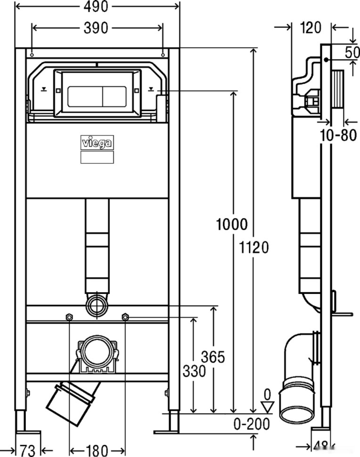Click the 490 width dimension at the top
click(96, 7)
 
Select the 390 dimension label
click(96, 28)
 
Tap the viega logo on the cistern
click(97, 143)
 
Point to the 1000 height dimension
click(232, 224)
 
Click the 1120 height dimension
click(254, 248)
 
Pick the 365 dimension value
click(213, 357)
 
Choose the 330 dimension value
click(194, 371)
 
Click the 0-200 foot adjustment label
click(252, 424)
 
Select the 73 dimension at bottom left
click(27, 451)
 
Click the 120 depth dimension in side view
click(311, 28)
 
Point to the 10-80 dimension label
click(338, 135)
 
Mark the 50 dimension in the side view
click(352, 52)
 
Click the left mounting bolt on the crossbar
click(69, 317)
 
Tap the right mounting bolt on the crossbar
click(125, 317)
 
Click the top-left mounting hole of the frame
click(32, 55)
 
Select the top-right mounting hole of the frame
click(163, 55)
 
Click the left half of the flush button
click(85, 97)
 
